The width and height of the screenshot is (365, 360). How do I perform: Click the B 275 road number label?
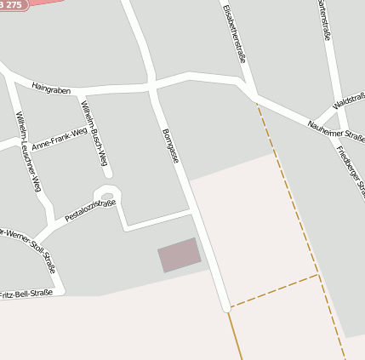pos(14,5)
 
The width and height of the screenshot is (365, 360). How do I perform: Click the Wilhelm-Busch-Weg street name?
pos(94,132)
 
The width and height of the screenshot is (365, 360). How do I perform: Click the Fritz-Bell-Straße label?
pos(26,293)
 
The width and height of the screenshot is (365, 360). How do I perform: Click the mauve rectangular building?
pos(179,254)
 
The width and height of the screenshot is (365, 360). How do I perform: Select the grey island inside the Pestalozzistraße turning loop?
pos(107,197)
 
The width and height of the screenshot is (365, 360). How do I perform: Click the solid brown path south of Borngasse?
pos(236,336)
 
